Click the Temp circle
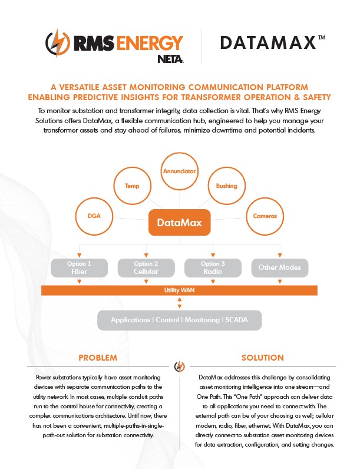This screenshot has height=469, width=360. click(131, 186)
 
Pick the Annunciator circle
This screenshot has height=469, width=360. click(180, 173)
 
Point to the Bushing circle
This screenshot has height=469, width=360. click(227, 186)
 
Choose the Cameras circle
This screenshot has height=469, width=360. click(265, 216)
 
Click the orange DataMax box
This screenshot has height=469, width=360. click(179, 223)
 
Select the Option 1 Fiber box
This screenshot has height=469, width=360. click(80, 267)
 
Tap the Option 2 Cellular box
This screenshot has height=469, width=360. click(146, 267)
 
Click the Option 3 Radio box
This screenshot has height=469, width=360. click(212, 267)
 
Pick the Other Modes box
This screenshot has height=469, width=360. click(279, 267)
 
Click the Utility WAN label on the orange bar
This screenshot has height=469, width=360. click(180, 290)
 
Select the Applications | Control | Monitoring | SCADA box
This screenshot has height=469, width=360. click(179, 320)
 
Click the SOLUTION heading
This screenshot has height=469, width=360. click(263, 358)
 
